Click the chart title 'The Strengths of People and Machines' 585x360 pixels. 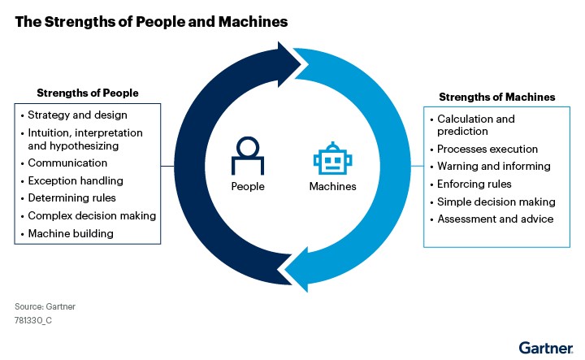click(x=151, y=22)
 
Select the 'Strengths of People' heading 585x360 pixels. click(x=88, y=93)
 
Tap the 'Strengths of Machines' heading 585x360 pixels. click(x=497, y=97)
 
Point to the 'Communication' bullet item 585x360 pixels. click(x=67, y=163)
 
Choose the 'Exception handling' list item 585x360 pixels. click(x=75, y=180)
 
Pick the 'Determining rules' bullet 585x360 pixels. click(x=71, y=197)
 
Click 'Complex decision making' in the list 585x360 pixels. click(x=92, y=215)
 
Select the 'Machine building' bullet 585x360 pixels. click(x=70, y=233)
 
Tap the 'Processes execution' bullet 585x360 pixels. click(x=487, y=149)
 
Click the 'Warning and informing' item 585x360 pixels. click(x=494, y=166)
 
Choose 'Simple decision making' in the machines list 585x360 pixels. click(x=496, y=202)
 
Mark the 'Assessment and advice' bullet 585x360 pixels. click(x=495, y=219)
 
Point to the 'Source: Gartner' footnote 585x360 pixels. click(x=45, y=306)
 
